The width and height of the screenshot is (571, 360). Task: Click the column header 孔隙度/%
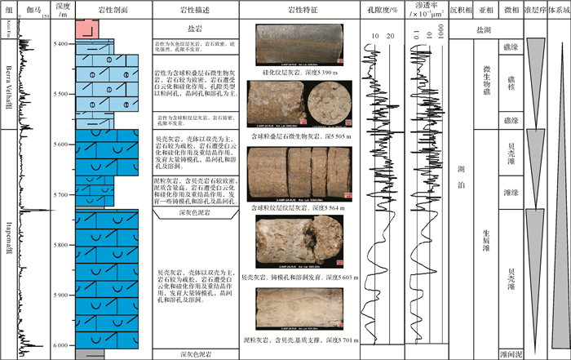pos(382,10)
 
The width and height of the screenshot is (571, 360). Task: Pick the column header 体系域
pos(560,10)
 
